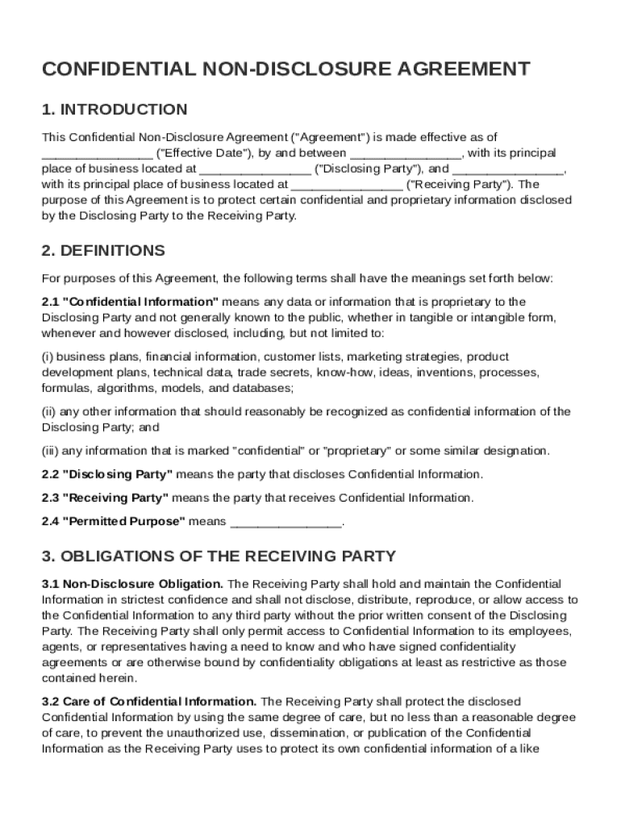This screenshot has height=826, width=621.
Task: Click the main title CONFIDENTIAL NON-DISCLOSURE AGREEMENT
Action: pyautogui.click(x=286, y=69)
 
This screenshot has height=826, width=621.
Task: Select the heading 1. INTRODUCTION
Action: pyautogui.click(x=115, y=109)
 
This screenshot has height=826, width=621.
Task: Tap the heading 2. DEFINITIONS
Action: pyautogui.click(x=103, y=250)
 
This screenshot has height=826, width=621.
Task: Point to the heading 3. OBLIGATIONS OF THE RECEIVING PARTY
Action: pyautogui.click(x=219, y=556)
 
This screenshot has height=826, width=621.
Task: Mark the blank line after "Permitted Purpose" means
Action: pyautogui.click(x=286, y=523)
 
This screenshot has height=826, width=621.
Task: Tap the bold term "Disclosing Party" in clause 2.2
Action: pyautogui.click(x=118, y=474)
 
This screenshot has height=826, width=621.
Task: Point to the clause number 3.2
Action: pyautogui.click(x=50, y=702)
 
